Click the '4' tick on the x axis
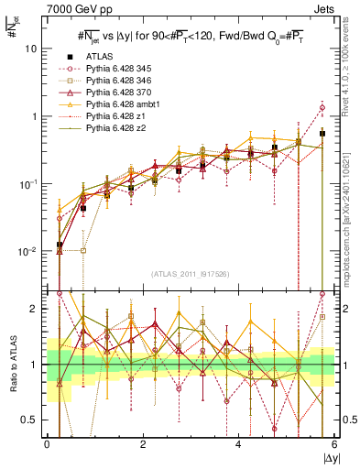click(x=238, y=445)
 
